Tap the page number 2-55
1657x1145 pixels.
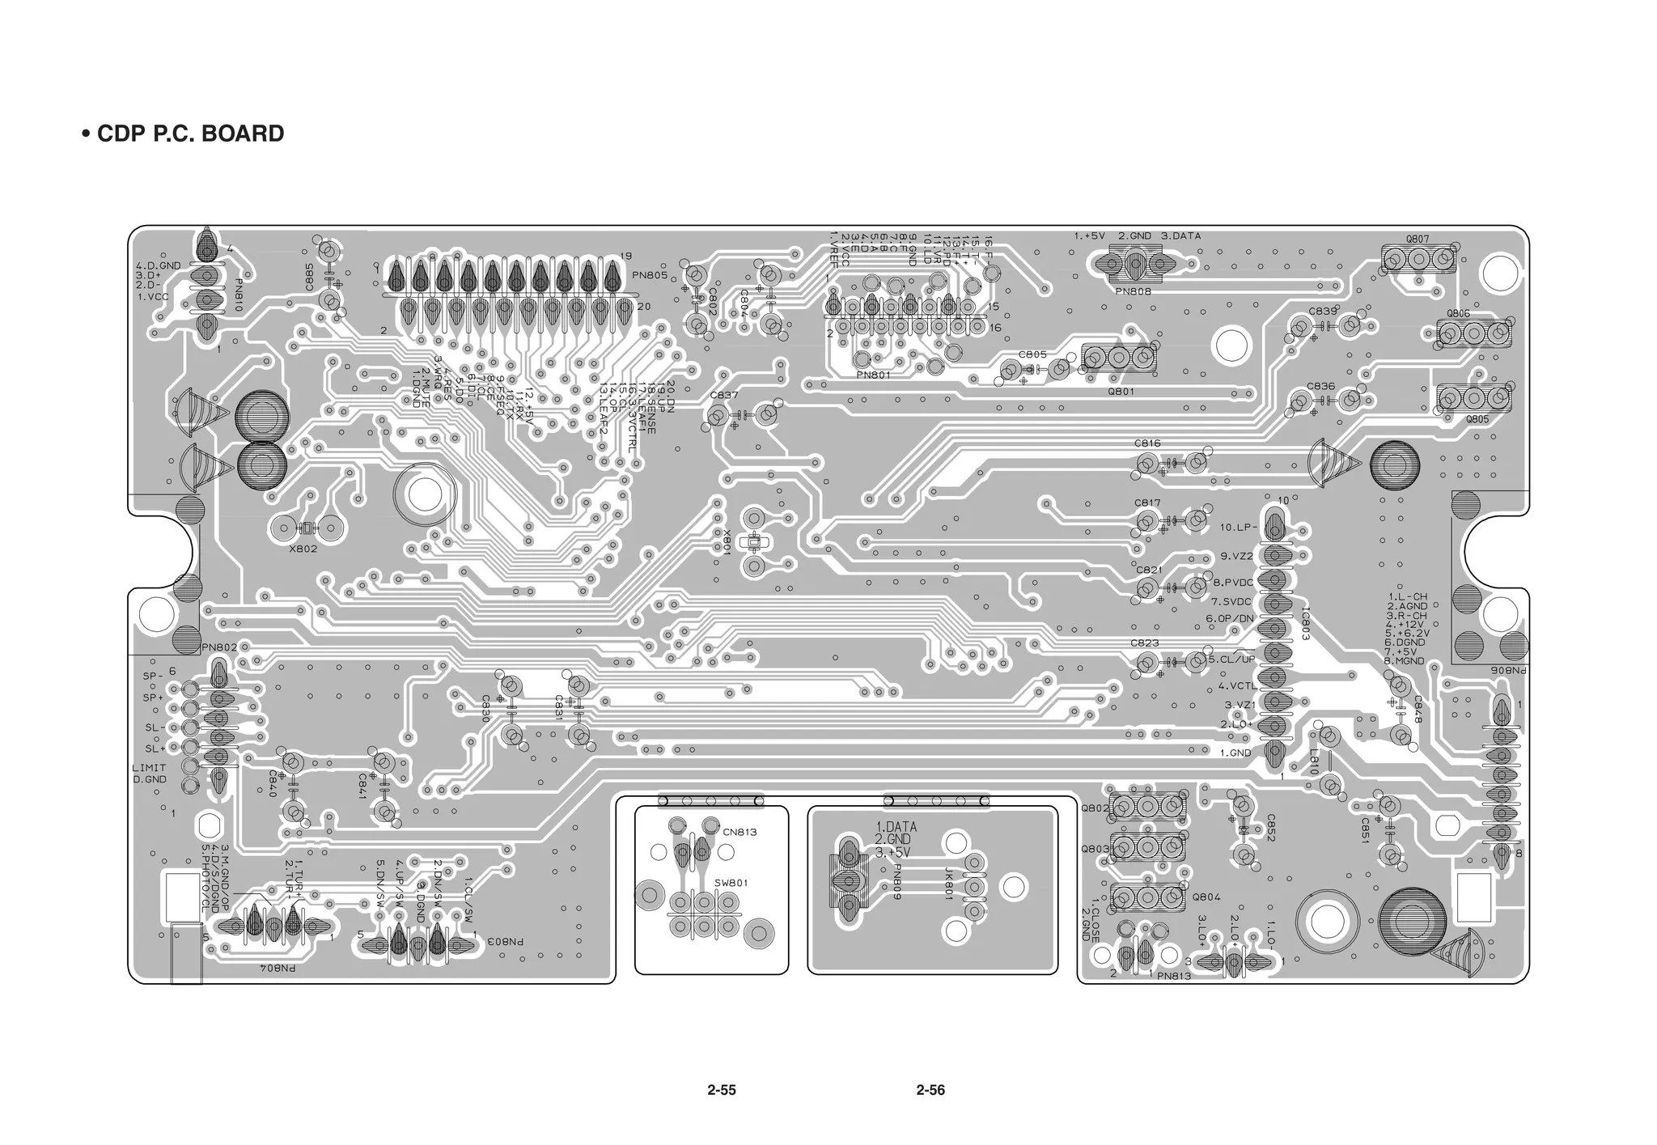[721, 1090]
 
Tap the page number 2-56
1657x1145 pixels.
[930, 1090]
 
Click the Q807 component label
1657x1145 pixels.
[1417, 240]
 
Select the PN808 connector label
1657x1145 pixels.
[1133, 291]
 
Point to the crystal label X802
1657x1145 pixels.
[303, 549]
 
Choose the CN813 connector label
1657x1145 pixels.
[740, 832]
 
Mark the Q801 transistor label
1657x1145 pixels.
[1121, 391]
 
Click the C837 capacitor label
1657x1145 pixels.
[723, 395]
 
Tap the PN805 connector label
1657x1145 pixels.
[650, 275]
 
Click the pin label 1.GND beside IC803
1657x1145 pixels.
[1235, 753]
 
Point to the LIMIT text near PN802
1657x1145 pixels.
[149, 768]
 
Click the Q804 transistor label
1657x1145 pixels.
[1206, 897]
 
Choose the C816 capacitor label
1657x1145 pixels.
[1146, 443]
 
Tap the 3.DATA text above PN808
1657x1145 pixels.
[1181, 236]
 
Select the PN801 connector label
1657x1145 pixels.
[873, 375]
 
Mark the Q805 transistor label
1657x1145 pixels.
[1477, 419]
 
